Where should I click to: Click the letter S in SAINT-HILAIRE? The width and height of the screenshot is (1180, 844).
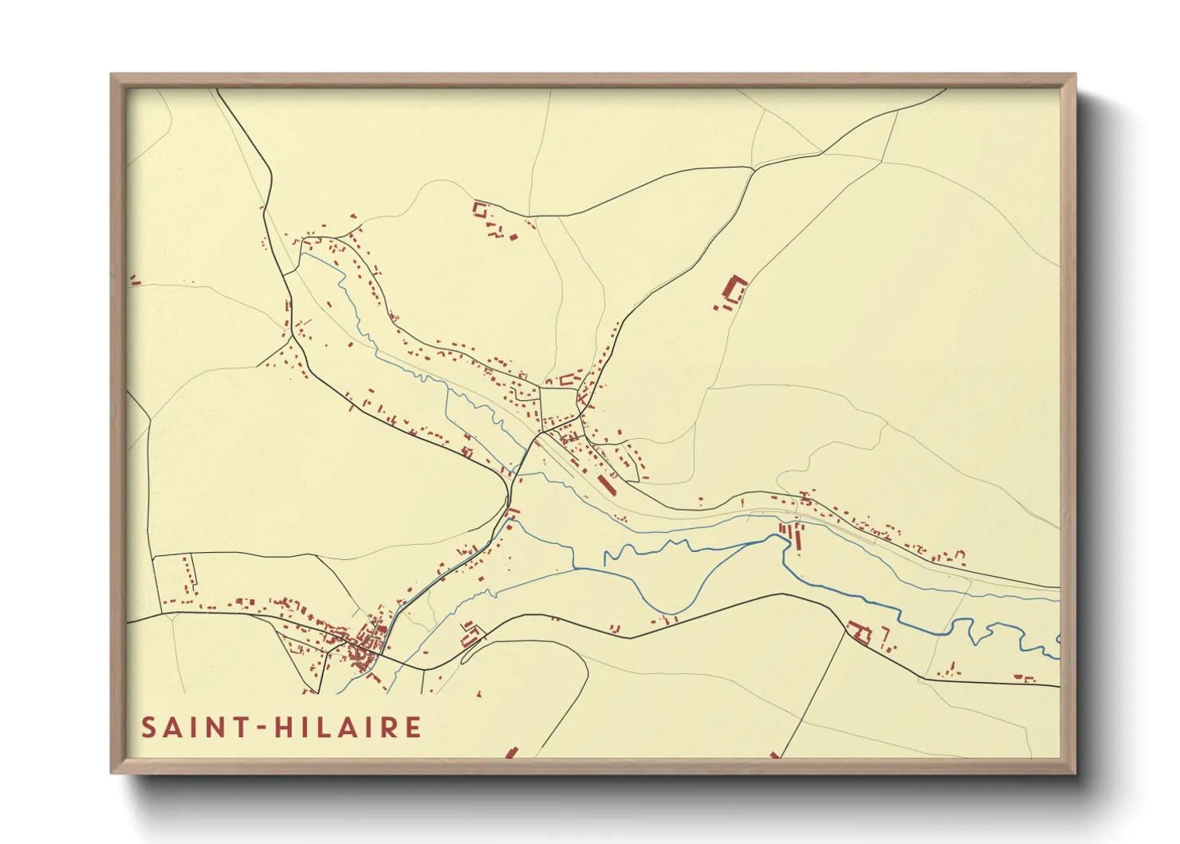tap(149, 728)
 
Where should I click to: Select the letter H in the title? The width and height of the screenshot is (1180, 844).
tap(282, 728)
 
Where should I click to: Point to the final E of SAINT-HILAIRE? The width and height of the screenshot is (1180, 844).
tap(413, 728)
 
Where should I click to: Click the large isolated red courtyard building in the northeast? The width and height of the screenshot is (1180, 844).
tap(733, 291)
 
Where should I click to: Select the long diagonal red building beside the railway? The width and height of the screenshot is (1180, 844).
tap(606, 483)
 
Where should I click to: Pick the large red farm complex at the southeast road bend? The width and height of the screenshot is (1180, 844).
tap(859, 632)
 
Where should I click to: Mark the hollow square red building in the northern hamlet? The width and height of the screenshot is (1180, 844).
tap(480, 210)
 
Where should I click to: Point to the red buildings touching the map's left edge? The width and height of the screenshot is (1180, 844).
tap(134, 281)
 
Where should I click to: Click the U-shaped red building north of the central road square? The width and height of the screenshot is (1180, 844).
tap(568, 380)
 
